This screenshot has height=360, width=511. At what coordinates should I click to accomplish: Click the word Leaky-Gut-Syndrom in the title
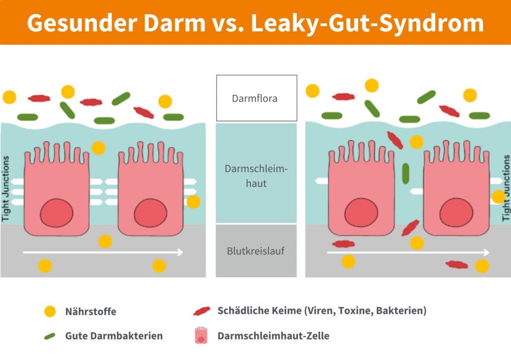[x=367, y=22]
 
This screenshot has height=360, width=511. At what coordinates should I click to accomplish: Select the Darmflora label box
[x=256, y=98]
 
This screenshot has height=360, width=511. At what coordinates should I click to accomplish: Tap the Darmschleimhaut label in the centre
[x=256, y=176]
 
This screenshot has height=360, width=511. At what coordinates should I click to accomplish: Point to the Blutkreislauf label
[x=256, y=251]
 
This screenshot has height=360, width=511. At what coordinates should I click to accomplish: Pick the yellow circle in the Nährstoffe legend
[x=50, y=312]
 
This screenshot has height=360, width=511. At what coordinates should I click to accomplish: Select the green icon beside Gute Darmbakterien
[x=50, y=336]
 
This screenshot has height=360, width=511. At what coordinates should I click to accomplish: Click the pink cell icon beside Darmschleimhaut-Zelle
[x=201, y=336]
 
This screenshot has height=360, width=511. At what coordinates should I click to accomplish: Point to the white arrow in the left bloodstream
[x=103, y=252]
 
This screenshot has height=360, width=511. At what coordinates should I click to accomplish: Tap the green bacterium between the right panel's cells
[x=405, y=173]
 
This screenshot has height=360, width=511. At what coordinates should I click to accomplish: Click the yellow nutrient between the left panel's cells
[x=98, y=148]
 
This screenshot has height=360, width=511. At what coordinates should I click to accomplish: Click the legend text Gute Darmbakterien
[x=114, y=336]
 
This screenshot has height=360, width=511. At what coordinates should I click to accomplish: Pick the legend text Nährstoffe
[x=90, y=312]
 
